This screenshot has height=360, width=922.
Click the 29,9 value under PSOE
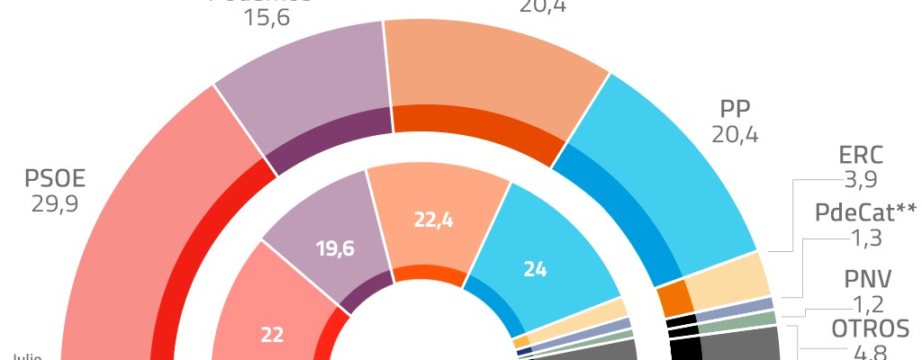(55, 205)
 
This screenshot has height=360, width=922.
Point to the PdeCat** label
(865, 213)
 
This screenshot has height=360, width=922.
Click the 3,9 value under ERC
(859, 181)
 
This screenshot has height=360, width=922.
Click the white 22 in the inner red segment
(272, 334)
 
